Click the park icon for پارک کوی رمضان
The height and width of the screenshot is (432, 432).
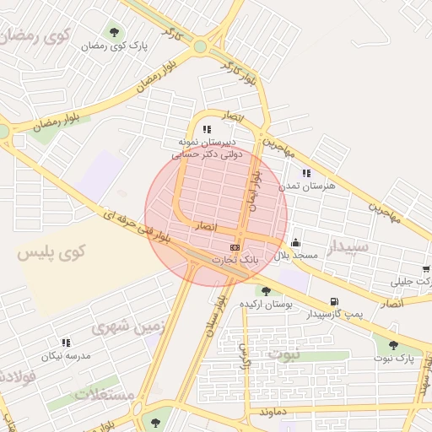(114, 33)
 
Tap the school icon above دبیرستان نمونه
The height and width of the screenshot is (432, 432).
(207, 130)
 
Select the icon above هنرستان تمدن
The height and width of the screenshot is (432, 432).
(306, 173)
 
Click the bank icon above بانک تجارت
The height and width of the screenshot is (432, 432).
(235, 247)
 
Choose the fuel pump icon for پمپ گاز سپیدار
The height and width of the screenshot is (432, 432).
(335, 301)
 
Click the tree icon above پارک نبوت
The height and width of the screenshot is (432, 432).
(392, 344)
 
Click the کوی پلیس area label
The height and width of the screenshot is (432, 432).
(52, 251)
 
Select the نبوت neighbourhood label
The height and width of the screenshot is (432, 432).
(283, 353)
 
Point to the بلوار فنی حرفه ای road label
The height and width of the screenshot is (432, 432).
(130, 228)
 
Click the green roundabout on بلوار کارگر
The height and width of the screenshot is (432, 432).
(199, 46)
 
